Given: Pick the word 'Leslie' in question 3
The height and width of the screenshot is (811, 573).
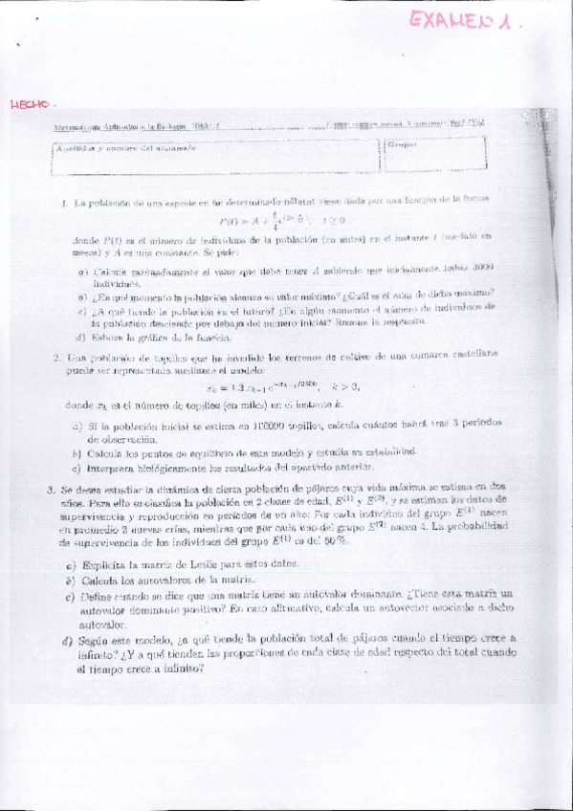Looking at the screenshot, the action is pos(195,564).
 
